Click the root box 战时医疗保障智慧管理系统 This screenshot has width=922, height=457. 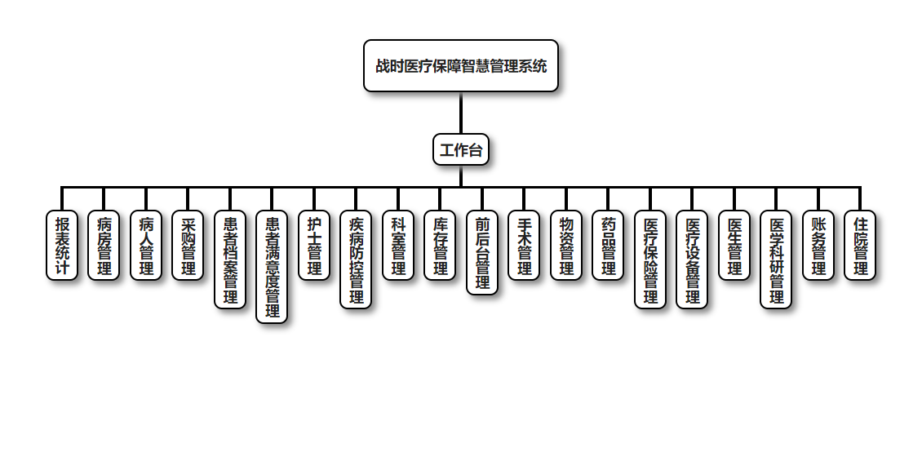click(461, 66)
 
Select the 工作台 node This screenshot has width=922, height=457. click(461, 149)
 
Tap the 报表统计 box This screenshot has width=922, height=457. click(62, 246)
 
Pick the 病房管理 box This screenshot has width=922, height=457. click(104, 246)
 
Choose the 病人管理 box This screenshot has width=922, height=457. click(146, 246)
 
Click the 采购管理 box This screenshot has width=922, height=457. click(188, 246)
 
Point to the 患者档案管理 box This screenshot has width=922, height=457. click(230, 260)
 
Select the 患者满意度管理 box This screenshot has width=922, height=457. click(272, 267)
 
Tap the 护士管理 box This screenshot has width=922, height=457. click(314, 246)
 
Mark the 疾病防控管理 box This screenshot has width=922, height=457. click(356, 260)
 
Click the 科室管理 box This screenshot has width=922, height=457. click(398, 246)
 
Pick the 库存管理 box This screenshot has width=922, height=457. click(440, 246)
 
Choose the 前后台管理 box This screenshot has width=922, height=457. click(482, 252)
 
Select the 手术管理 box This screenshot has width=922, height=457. click(524, 246)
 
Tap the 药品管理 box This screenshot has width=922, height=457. click(608, 246)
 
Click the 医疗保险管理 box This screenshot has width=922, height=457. click(650, 260)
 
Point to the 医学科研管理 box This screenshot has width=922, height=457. click(776, 260)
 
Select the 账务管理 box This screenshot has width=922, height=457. click(818, 246)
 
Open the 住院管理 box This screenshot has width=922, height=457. click(860, 246)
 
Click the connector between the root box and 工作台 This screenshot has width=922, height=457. click(461, 113)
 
